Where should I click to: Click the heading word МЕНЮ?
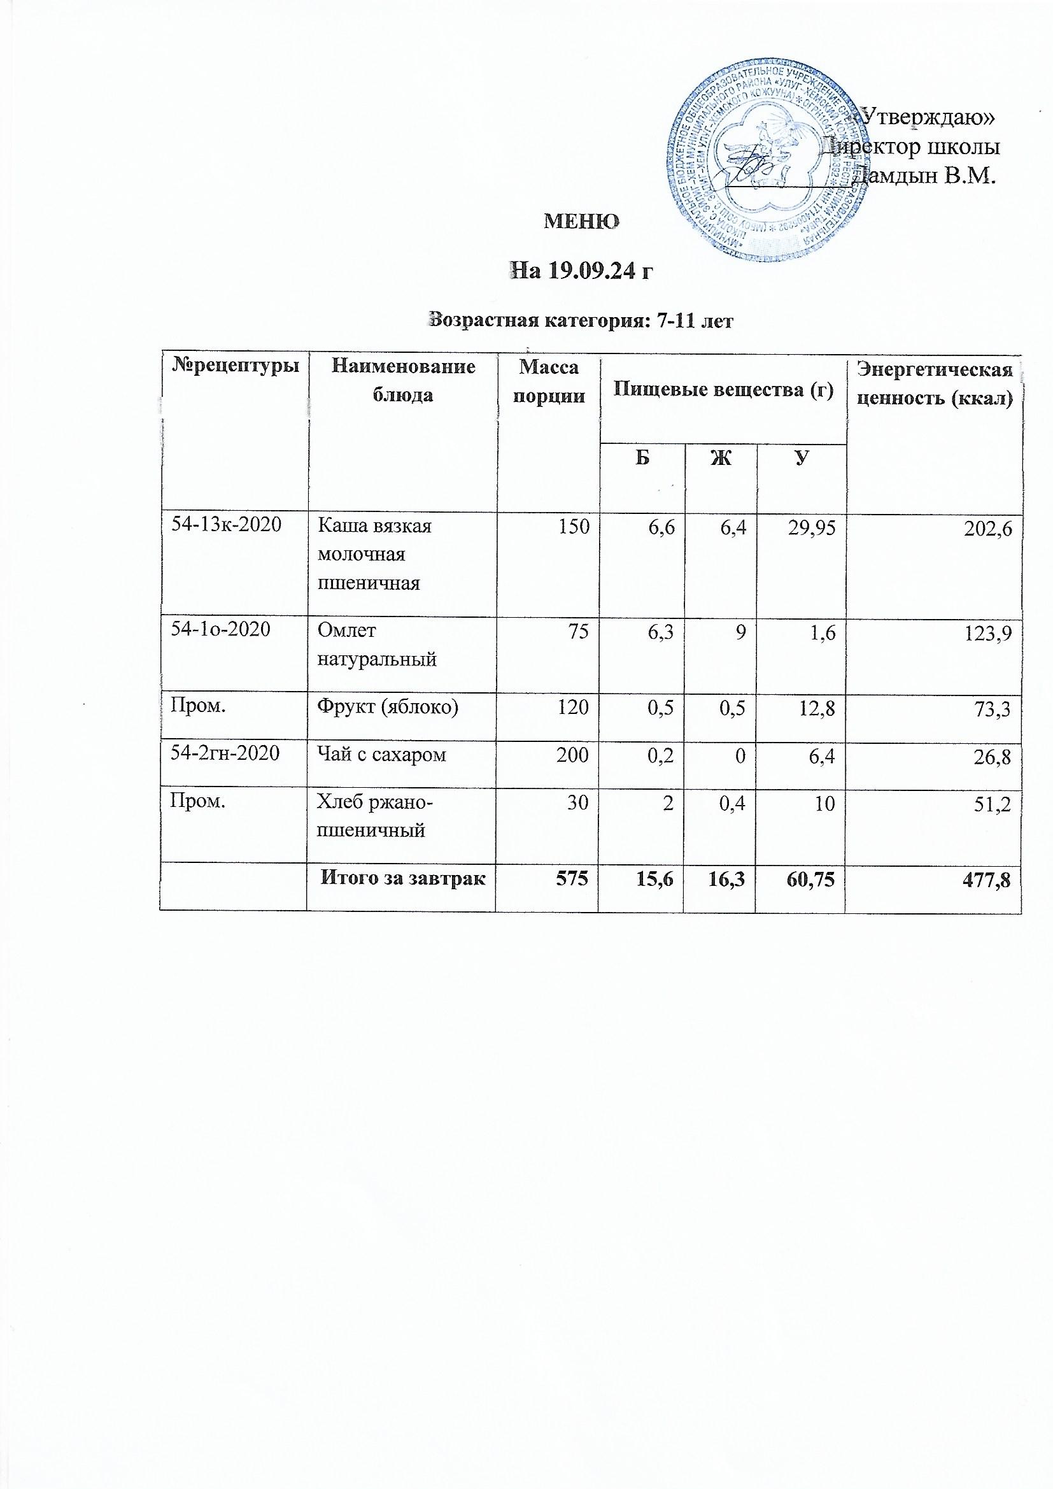coord(581,222)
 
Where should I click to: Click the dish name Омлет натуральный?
coord(376,645)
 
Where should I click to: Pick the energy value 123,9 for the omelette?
coord(989,634)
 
